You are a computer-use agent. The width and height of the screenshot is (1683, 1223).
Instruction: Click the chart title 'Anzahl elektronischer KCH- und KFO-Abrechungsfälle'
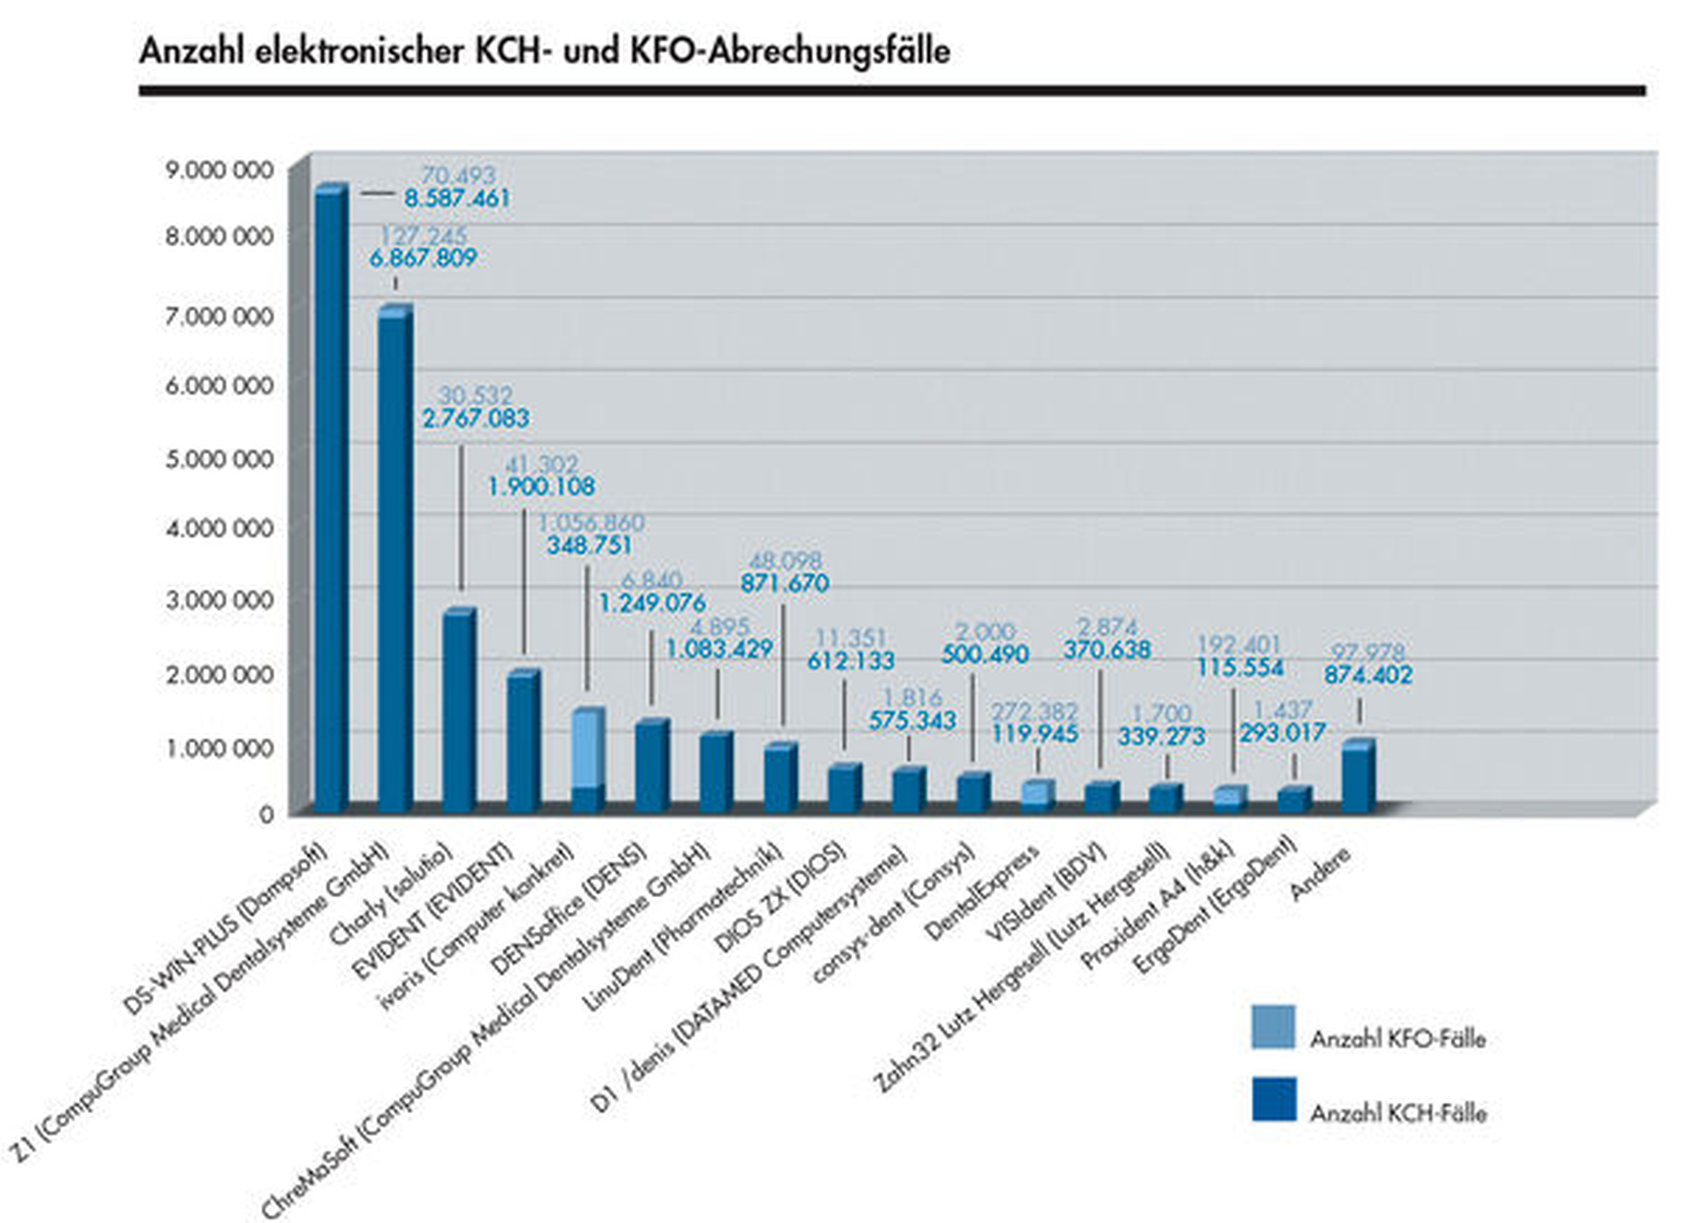[x=544, y=50]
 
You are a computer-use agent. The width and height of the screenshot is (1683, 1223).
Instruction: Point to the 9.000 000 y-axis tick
[x=219, y=170]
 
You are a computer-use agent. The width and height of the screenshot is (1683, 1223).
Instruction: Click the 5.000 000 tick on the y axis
[x=219, y=459]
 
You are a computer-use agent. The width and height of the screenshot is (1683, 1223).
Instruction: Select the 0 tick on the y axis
[x=266, y=815]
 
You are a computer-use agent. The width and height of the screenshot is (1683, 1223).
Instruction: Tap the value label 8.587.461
[x=457, y=198]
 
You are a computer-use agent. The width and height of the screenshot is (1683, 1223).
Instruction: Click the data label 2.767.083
[x=476, y=418]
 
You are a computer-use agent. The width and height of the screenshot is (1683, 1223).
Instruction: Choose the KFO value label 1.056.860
[x=591, y=522]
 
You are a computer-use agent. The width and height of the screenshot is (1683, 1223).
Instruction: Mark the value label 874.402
[x=1368, y=675]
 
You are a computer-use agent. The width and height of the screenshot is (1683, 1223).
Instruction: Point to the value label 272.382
[x=1034, y=711]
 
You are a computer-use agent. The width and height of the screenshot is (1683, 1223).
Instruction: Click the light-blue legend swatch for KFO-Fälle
[x=1273, y=1027]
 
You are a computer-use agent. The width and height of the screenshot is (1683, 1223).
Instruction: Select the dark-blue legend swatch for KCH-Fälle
[x=1273, y=1099]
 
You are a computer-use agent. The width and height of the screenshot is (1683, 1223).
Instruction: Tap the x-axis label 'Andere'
[x=1321, y=873]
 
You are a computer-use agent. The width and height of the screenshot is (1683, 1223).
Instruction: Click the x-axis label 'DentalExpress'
[x=981, y=893]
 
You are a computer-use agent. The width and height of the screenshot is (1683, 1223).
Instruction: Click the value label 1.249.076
[x=652, y=603]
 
